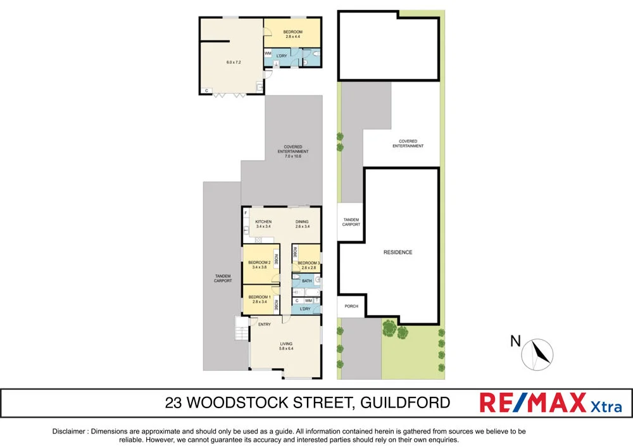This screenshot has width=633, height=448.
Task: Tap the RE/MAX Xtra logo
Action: pyautogui.click(x=550, y=403)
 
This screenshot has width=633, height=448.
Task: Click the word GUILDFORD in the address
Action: pyautogui.click(x=411, y=402)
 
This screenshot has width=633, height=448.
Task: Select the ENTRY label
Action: pyautogui.click(x=265, y=325)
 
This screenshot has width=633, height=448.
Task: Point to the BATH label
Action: pyautogui.click(x=306, y=280)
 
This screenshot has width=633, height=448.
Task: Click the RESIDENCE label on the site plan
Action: pyautogui.click(x=398, y=252)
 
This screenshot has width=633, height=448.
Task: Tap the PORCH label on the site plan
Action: pyautogui.click(x=351, y=306)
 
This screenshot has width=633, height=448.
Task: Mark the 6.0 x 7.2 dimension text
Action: pyautogui.click(x=234, y=62)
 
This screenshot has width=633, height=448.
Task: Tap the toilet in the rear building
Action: pyautogui.click(x=305, y=61)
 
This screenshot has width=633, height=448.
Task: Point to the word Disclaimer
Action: pyautogui.click(x=69, y=432)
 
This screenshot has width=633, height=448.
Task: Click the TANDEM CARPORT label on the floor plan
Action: pyautogui.click(x=222, y=278)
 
